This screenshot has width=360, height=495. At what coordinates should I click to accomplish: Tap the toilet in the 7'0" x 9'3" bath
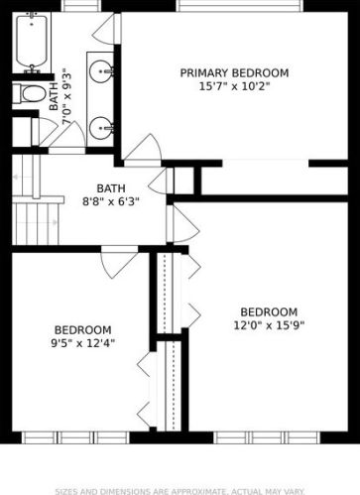(x=32, y=94)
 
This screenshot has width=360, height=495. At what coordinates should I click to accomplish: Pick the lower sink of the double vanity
(x=101, y=126)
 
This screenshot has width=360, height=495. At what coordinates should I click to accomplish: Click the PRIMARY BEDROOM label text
(x=234, y=73)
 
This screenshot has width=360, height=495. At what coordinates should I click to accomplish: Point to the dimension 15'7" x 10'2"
(x=234, y=86)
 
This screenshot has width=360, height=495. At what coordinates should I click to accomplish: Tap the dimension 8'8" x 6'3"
(x=111, y=201)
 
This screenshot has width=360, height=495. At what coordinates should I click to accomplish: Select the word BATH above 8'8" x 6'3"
(x=111, y=188)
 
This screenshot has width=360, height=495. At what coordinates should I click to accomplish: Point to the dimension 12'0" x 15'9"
(x=268, y=324)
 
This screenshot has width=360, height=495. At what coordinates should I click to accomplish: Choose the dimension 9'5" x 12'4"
(x=82, y=343)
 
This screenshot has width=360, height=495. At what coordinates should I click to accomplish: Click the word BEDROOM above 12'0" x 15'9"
(x=268, y=310)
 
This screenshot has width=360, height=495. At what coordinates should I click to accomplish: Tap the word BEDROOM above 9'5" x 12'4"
(x=82, y=329)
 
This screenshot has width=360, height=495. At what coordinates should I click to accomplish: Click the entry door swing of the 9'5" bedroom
(x=118, y=262)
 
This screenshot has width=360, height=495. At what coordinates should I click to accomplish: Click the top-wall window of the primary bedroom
(x=239, y=6)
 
